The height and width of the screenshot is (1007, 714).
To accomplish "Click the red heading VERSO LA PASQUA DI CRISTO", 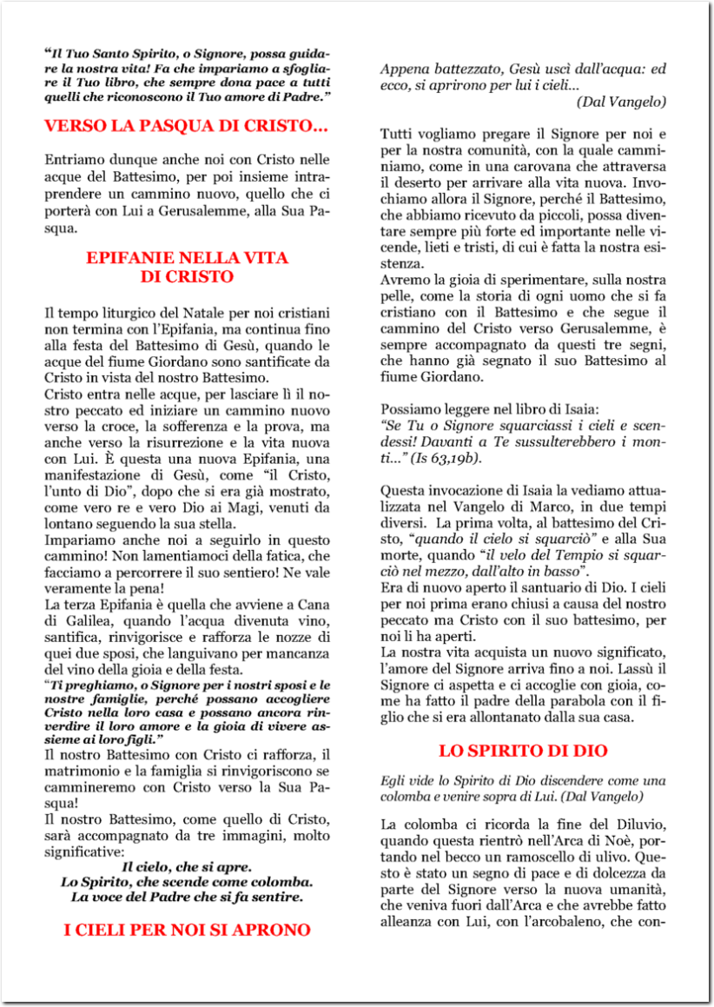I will [186, 126].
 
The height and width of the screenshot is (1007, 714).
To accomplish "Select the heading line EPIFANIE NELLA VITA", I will [187, 258].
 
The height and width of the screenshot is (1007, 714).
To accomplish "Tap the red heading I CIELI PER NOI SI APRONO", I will [187, 930].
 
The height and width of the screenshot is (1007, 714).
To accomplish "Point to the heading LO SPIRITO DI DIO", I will [523, 750].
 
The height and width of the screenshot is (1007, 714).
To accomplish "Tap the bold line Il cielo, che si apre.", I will [187, 866].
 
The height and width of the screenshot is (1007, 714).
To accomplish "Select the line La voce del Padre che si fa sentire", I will [187, 896].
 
